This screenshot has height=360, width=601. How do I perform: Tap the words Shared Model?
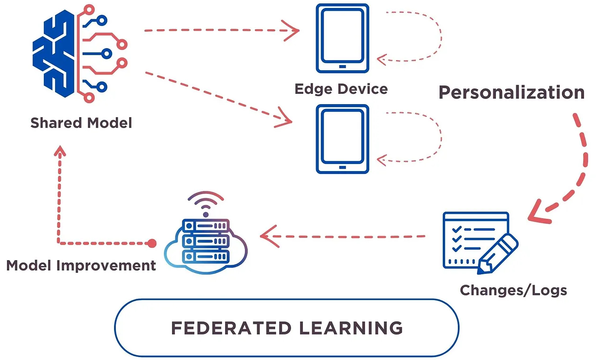(x=81, y=123)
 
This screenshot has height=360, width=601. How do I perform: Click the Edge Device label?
(x=341, y=89)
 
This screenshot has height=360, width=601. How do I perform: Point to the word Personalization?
(x=512, y=92)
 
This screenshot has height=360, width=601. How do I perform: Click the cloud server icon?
(x=206, y=245)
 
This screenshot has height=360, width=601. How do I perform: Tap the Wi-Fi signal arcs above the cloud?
(x=206, y=202)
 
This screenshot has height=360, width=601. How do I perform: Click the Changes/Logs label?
(x=513, y=290)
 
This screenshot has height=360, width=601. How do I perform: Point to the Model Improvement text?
(x=81, y=265)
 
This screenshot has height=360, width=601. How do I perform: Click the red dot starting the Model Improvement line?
(x=152, y=243)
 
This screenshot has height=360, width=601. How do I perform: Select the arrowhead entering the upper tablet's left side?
(x=294, y=31)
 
